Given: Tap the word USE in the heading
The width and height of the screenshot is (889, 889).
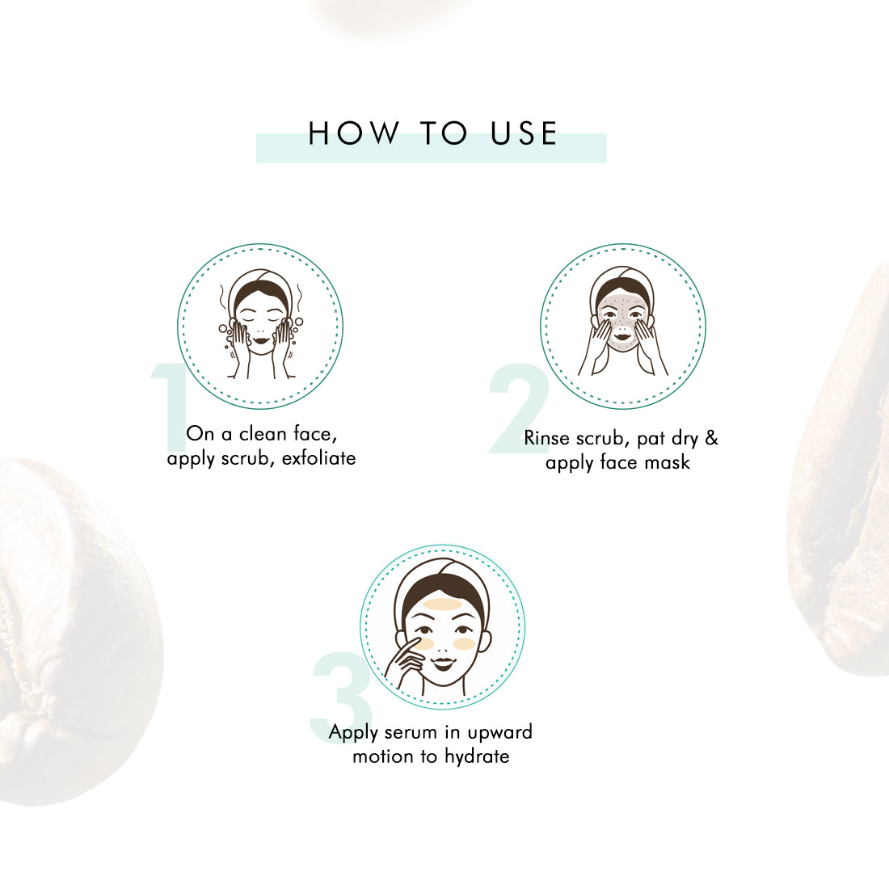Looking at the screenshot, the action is [524, 133].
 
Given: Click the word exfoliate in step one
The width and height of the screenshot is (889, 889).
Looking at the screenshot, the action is [318, 458].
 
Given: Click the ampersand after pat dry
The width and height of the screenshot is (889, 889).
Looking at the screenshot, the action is [711, 438].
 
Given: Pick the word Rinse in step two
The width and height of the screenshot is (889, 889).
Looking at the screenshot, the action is [546, 438].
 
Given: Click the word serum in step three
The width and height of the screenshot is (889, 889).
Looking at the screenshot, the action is [411, 732].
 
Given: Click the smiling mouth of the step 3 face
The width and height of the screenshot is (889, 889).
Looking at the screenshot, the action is [444, 662].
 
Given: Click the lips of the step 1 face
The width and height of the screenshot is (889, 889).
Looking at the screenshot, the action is [261, 340].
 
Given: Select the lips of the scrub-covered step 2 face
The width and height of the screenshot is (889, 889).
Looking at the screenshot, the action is [622, 337].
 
